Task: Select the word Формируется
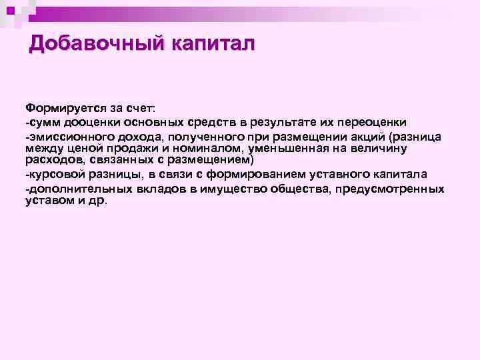click(57, 108)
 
